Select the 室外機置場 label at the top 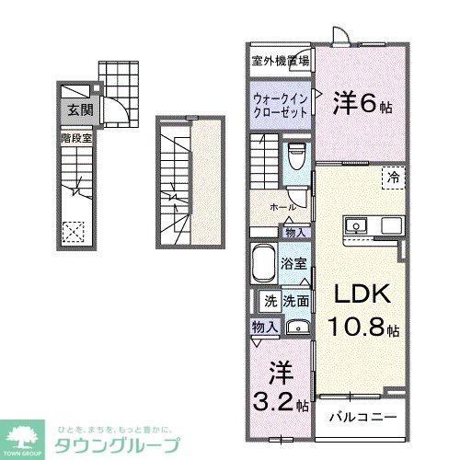(280, 62)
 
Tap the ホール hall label (281, 208)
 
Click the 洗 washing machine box (270, 301)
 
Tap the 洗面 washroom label (295, 301)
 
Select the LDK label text (361, 295)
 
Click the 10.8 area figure (355, 327)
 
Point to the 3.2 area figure (273, 401)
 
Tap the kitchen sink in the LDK (356, 225)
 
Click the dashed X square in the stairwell (73, 233)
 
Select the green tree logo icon (26, 437)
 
